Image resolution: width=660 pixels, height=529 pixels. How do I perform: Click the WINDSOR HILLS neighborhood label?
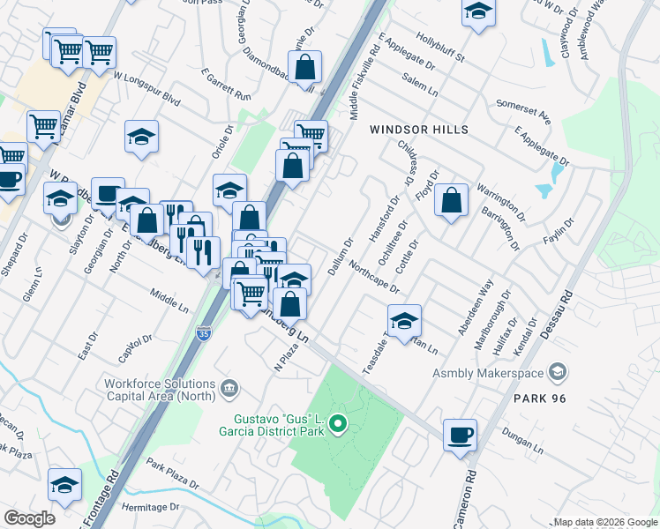tap(419, 130)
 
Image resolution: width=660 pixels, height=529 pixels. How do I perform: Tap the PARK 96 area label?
tap(538, 399)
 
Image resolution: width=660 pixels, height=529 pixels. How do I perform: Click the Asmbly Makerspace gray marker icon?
tap(557, 373)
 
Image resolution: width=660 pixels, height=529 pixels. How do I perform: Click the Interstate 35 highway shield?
tap(204, 333)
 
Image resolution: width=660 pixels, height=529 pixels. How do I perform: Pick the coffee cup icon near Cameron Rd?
tap(461, 434)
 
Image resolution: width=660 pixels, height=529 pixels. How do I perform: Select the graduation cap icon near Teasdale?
tap(404, 319)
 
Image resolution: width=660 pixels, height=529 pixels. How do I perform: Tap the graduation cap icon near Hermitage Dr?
tap(64, 484)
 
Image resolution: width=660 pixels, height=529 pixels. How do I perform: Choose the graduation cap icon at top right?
tap(478, 11)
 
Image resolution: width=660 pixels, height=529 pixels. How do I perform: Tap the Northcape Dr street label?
tap(374, 277)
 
